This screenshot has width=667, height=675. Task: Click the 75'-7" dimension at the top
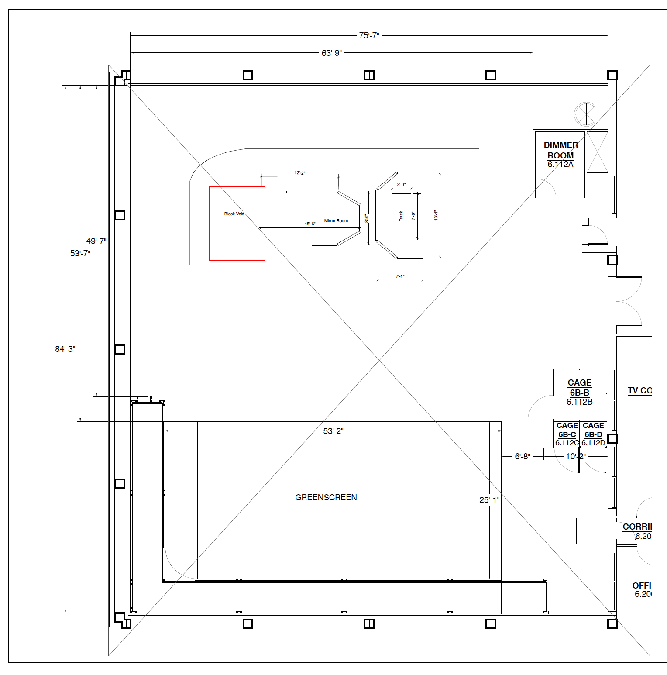pos(369,36)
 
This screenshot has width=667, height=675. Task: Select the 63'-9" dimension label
pos(332,53)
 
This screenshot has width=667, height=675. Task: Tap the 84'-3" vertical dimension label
pos(65,349)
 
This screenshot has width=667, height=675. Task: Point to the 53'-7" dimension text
pos(80,253)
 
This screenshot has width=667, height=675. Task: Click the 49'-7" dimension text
pos(96,241)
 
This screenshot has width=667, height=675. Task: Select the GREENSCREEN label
pos(326,497)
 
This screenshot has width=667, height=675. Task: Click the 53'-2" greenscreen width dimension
pos(333,431)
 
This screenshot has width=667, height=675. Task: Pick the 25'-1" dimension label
pos(489,500)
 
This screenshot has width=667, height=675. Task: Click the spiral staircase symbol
pos(584,114)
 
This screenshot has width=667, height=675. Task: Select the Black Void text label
pos(234,214)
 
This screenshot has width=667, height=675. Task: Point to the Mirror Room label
pos(336,221)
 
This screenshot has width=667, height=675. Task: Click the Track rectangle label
pos(401,216)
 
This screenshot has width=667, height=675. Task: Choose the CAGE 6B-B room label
pos(579,392)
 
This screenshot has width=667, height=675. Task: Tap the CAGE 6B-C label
pos(567,434)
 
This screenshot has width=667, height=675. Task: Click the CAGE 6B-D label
pos(593,434)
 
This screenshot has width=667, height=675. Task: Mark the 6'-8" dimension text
pos(523,456)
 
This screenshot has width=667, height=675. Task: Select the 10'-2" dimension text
pos(575,456)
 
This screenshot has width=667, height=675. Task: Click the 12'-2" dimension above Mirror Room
pos(299,173)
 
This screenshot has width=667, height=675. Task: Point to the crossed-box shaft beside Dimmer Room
pos(597,152)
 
